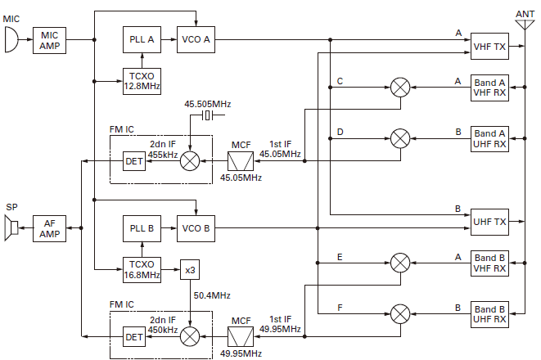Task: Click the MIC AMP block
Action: (x=50, y=39)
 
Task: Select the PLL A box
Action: (x=142, y=39)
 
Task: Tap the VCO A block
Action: (x=196, y=39)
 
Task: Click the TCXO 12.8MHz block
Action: (x=142, y=81)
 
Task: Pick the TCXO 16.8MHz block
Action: (x=142, y=269)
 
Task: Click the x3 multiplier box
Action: (x=190, y=269)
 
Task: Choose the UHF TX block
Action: (x=489, y=222)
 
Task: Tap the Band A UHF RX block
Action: (x=489, y=138)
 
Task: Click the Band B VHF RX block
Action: (x=489, y=263)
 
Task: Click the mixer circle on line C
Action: (x=400, y=88)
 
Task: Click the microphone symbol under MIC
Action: (x=11, y=39)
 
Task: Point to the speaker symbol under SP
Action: (x=11, y=227)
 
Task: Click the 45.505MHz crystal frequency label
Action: (x=208, y=104)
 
